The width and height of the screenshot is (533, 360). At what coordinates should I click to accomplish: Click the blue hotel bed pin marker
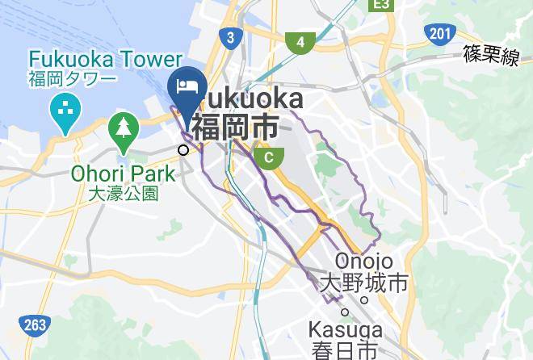pyautogui.click(x=187, y=87)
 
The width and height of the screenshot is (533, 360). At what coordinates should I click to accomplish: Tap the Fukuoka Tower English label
pyautogui.click(x=106, y=60)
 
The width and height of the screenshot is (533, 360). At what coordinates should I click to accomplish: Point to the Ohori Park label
pyautogui.click(x=123, y=174)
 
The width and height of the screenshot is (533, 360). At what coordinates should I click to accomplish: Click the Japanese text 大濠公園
pyautogui.click(x=123, y=194)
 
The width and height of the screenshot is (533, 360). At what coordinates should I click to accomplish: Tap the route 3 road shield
pyautogui.click(x=230, y=37)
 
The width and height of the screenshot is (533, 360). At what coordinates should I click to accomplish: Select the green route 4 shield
pyautogui.click(x=300, y=42)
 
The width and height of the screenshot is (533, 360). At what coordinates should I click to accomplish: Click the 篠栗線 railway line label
pyautogui.click(x=490, y=56)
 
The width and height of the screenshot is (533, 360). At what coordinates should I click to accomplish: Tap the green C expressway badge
pyautogui.click(x=267, y=155)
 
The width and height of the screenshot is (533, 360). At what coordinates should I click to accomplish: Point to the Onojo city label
pyautogui.click(x=363, y=262)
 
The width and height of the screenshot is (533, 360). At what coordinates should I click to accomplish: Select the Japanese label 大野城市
pyautogui.click(x=363, y=283)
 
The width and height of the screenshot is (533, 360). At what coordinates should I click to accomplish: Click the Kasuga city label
pyautogui.click(x=345, y=331)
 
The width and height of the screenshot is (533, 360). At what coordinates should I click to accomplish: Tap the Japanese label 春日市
pyautogui.click(x=345, y=351)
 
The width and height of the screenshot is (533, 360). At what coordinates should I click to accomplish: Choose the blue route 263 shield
pyautogui.click(x=35, y=325)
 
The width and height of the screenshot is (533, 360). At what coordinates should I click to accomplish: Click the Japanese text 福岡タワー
pyautogui.click(x=73, y=79)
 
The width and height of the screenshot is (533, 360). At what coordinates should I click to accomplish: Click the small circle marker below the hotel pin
pyautogui.click(x=184, y=149)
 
